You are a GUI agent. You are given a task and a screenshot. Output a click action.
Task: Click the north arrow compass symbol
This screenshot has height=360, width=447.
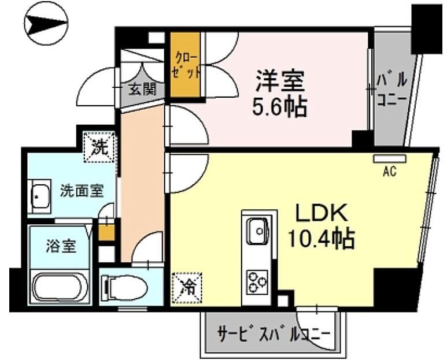click(46, 23)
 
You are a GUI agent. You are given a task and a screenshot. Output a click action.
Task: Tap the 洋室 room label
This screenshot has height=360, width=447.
click(280, 80)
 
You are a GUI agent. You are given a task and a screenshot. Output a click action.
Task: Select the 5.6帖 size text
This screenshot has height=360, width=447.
click(279, 107)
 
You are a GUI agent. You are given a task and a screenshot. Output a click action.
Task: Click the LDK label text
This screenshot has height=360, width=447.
click(322, 213)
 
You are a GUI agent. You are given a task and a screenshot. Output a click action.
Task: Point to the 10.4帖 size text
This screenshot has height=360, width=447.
click(322, 238)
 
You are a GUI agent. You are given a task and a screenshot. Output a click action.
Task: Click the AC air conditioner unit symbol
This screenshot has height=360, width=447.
click(390, 159)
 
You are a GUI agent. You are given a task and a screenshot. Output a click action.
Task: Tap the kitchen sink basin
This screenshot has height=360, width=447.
click(258, 231)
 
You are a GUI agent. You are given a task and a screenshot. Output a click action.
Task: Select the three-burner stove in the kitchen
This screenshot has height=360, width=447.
click(257, 281)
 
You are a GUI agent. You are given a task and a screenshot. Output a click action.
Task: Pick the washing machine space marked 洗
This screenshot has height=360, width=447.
click(99, 147)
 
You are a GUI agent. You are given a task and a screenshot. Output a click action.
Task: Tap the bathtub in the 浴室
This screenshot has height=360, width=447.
click(61, 287)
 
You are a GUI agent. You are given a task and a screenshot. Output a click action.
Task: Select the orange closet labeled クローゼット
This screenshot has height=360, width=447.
click(184, 65)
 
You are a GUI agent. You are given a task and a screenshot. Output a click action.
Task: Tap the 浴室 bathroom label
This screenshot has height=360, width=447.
click(61, 246)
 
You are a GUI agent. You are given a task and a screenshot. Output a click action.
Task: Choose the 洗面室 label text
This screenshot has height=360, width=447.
click(82, 191)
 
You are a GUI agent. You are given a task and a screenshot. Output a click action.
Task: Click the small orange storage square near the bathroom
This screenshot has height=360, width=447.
click(106, 233)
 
